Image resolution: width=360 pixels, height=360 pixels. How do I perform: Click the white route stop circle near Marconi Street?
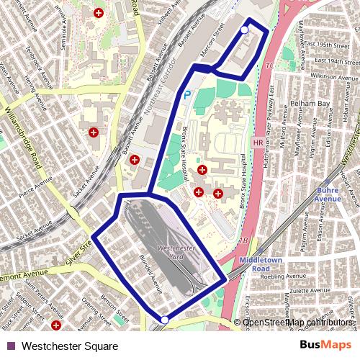(x=244, y=30)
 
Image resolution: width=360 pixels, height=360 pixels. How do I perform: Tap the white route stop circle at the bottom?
(x=165, y=320)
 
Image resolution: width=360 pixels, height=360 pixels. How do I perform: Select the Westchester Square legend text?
(x=69, y=346)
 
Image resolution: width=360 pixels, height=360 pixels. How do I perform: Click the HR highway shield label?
(x=258, y=143)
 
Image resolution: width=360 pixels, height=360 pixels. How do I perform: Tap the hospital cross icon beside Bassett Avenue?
(x=134, y=160)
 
